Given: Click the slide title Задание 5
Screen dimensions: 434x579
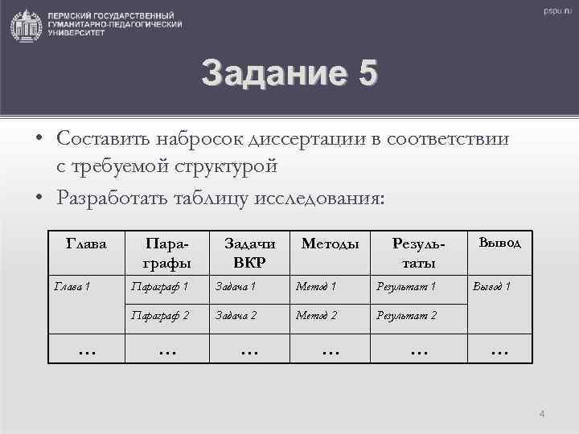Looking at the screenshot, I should click(x=289, y=73).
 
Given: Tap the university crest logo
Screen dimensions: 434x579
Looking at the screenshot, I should click(x=27, y=26).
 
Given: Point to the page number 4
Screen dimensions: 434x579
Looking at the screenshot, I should click(x=541, y=414).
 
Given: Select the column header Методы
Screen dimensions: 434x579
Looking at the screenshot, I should click(x=330, y=244).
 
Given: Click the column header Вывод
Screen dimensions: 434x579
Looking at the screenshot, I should click(x=500, y=242).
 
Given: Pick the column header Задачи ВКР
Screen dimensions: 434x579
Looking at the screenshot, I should click(x=249, y=252).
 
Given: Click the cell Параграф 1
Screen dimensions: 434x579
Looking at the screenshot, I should click(x=161, y=287).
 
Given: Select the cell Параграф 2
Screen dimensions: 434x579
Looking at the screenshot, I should click(x=161, y=316).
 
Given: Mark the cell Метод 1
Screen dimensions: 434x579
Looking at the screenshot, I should click(x=317, y=287).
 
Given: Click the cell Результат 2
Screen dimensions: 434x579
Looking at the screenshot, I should click(x=407, y=316).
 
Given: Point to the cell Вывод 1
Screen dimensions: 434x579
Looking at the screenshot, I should click(x=491, y=287).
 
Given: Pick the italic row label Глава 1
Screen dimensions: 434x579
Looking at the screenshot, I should click(x=72, y=287).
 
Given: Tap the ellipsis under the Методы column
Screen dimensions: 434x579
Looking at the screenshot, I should click(x=330, y=350).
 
